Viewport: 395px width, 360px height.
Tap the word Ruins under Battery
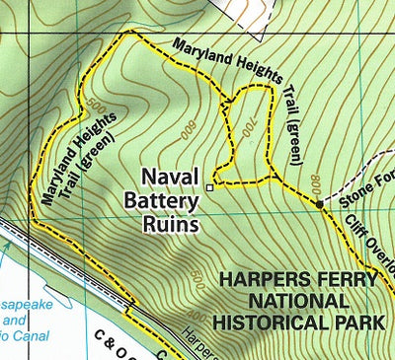[170, 225]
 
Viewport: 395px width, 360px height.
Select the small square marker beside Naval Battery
[209, 184]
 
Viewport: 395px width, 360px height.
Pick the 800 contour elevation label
[315, 182]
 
